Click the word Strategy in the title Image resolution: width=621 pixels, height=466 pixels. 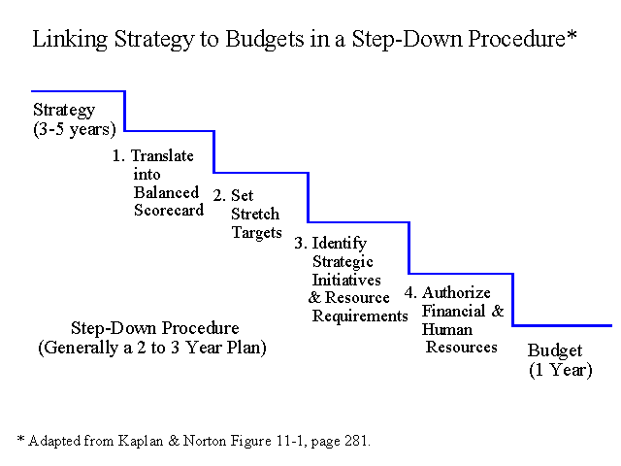[x=154, y=40]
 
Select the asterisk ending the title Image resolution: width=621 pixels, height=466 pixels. [x=572, y=35]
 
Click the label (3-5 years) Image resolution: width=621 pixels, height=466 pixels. [x=75, y=129]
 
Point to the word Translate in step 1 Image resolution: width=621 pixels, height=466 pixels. [x=162, y=155]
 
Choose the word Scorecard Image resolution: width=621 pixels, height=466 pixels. [x=169, y=210]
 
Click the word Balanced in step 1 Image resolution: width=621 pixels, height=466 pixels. [x=166, y=192]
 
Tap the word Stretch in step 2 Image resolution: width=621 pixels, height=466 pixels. [x=255, y=214]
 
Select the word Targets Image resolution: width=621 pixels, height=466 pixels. [x=256, y=233]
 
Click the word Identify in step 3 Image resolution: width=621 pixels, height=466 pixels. [x=340, y=244]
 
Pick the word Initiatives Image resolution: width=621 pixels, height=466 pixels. [x=346, y=280]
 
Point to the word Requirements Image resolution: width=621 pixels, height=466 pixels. [x=360, y=316]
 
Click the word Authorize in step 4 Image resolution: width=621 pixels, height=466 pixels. [x=456, y=293]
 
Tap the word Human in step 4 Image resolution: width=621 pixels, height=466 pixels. [x=446, y=329]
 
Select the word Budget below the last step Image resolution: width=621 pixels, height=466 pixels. [x=555, y=351]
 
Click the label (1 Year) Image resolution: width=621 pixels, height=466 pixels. [x=561, y=370]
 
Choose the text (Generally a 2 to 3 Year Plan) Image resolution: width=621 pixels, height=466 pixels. [x=152, y=348]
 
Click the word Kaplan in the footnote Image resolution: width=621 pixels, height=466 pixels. [x=141, y=441]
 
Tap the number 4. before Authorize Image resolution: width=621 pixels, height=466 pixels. [x=410, y=293]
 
